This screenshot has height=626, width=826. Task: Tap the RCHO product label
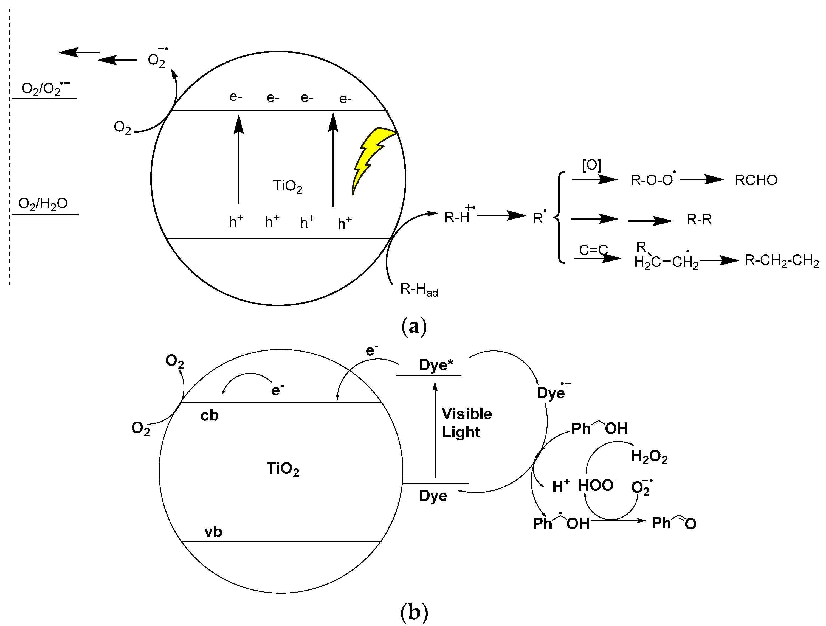756,180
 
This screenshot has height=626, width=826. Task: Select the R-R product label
699,220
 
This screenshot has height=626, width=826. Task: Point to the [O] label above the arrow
591,165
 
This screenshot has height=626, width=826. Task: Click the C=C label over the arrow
593,249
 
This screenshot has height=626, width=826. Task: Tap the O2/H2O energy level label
43,204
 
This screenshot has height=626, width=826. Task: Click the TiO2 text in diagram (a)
287,186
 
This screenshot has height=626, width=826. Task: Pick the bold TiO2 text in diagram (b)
283,469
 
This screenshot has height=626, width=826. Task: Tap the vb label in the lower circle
213,532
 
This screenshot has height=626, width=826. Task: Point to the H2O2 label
649,456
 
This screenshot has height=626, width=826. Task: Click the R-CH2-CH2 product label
781,261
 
